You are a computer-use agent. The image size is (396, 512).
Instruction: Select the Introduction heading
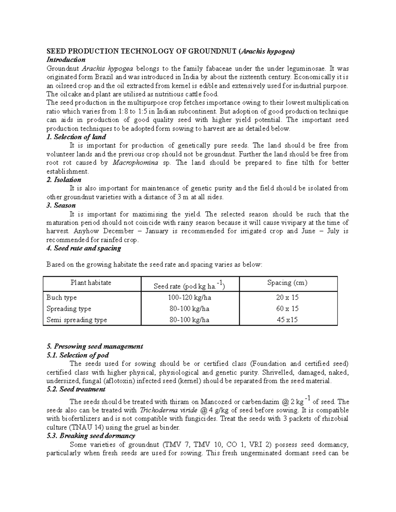66,60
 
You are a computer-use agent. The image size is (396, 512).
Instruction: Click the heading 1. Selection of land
76,137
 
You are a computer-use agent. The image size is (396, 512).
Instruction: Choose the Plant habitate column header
91,283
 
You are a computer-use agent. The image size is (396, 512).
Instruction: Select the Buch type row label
62,298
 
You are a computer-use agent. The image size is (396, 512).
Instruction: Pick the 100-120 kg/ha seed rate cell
189,298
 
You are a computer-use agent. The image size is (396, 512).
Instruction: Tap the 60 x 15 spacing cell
287,309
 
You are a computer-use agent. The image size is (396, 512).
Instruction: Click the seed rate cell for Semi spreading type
189,320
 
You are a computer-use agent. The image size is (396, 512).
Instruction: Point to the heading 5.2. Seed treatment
76,389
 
